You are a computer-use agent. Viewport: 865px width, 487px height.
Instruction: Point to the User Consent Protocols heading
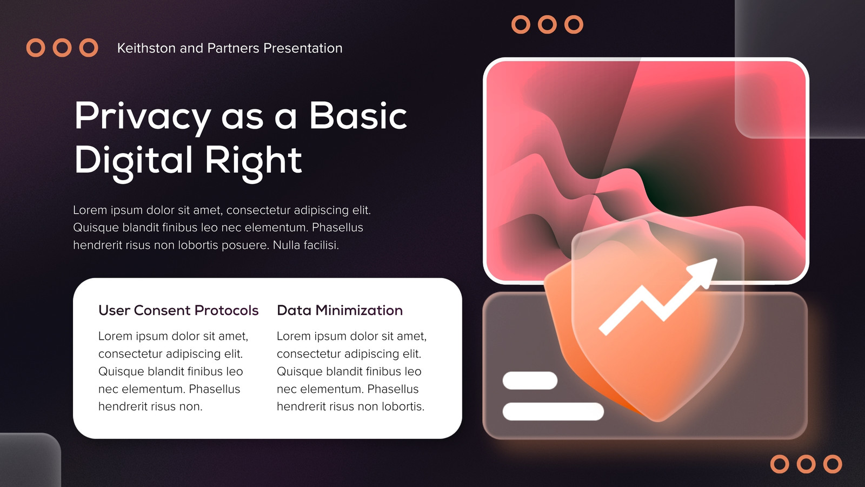[x=178, y=311]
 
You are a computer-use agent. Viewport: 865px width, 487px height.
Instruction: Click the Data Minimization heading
[x=340, y=311]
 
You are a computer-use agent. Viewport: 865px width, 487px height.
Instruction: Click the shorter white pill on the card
[x=530, y=380]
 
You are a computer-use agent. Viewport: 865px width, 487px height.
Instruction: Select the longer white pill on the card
[x=553, y=411]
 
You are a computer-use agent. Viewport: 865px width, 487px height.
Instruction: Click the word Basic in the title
[x=358, y=116]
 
